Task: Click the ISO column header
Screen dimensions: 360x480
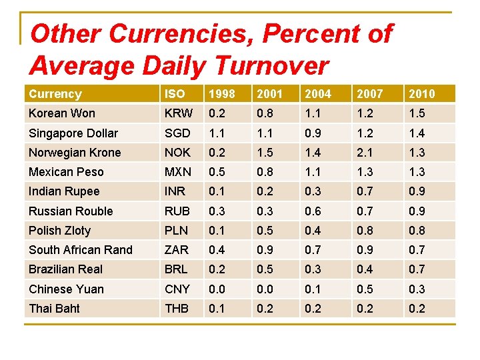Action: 175,94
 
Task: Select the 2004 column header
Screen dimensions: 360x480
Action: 317,94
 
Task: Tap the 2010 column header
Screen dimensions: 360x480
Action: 421,94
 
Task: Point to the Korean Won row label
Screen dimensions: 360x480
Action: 62,113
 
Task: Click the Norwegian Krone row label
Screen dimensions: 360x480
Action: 75,153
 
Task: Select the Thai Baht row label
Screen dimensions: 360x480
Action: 54,309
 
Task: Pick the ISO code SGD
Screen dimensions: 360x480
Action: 177,133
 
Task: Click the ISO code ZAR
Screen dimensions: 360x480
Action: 177,250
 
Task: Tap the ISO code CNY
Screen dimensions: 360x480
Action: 177,289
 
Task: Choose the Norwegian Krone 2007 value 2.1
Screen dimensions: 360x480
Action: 365,153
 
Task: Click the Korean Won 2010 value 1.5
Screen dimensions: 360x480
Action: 417,113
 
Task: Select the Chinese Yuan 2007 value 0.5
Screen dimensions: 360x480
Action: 365,289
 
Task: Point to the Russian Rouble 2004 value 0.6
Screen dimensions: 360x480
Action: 313,211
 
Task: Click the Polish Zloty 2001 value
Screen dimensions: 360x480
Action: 265,231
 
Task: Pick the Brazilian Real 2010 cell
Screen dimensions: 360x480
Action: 417,269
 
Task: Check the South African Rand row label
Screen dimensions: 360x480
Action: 81,250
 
